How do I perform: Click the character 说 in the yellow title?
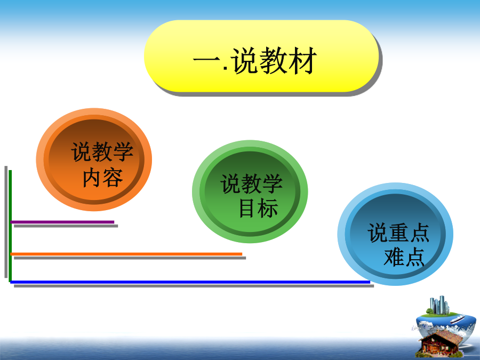(244, 60)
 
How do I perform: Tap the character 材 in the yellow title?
(302, 60)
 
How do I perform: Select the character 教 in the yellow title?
(273, 60)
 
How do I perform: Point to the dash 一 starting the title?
(206, 60)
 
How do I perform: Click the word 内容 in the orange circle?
(103, 177)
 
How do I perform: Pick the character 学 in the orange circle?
(123, 151)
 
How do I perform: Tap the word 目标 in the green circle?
(259, 208)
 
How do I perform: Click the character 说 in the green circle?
(230, 183)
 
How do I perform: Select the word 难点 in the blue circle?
(404, 257)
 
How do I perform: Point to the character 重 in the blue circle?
(398, 233)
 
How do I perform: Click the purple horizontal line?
(62, 222)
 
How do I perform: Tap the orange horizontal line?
(126, 254)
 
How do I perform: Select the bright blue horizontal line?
(190, 282)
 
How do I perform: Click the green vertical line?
(10, 226)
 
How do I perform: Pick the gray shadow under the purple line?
(66, 226)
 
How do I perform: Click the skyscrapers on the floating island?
(439, 305)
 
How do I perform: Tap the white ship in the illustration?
(458, 319)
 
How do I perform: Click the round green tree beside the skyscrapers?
(430, 311)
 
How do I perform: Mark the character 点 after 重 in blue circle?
(419, 233)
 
